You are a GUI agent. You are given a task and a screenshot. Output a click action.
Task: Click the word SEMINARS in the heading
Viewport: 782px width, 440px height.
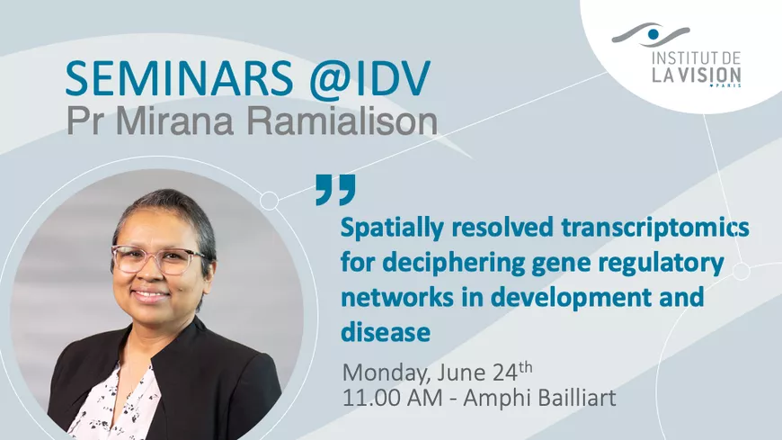pyautogui.click(x=179, y=78)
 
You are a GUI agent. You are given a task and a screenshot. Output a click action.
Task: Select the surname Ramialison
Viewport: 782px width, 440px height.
pyautogui.click(x=342, y=121)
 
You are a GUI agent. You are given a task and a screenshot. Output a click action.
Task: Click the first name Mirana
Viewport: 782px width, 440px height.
pyautogui.click(x=175, y=121)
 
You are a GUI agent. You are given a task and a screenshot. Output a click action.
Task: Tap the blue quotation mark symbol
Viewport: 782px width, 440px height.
pyautogui.click(x=335, y=189)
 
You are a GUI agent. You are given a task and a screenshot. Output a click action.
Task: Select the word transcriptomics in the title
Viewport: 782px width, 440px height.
pyautogui.click(x=655, y=229)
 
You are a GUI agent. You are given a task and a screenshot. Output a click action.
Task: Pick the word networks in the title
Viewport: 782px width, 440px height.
pyautogui.click(x=397, y=297)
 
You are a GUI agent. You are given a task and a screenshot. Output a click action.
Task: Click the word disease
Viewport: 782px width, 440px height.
pyautogui.click(x=386, y=332)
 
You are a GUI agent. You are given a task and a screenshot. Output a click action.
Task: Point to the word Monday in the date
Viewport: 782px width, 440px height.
pyautogui.click(x=386, y=373)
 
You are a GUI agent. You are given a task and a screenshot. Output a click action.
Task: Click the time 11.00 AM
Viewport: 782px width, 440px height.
pyautogui.click(x=392, y=398)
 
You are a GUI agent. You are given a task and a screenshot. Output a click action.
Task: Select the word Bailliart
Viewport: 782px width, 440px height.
pyautogui.click(x=567, y=398)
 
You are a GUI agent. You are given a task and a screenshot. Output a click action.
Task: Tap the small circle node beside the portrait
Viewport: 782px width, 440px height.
pyautogui.click(x=270, y=201)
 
